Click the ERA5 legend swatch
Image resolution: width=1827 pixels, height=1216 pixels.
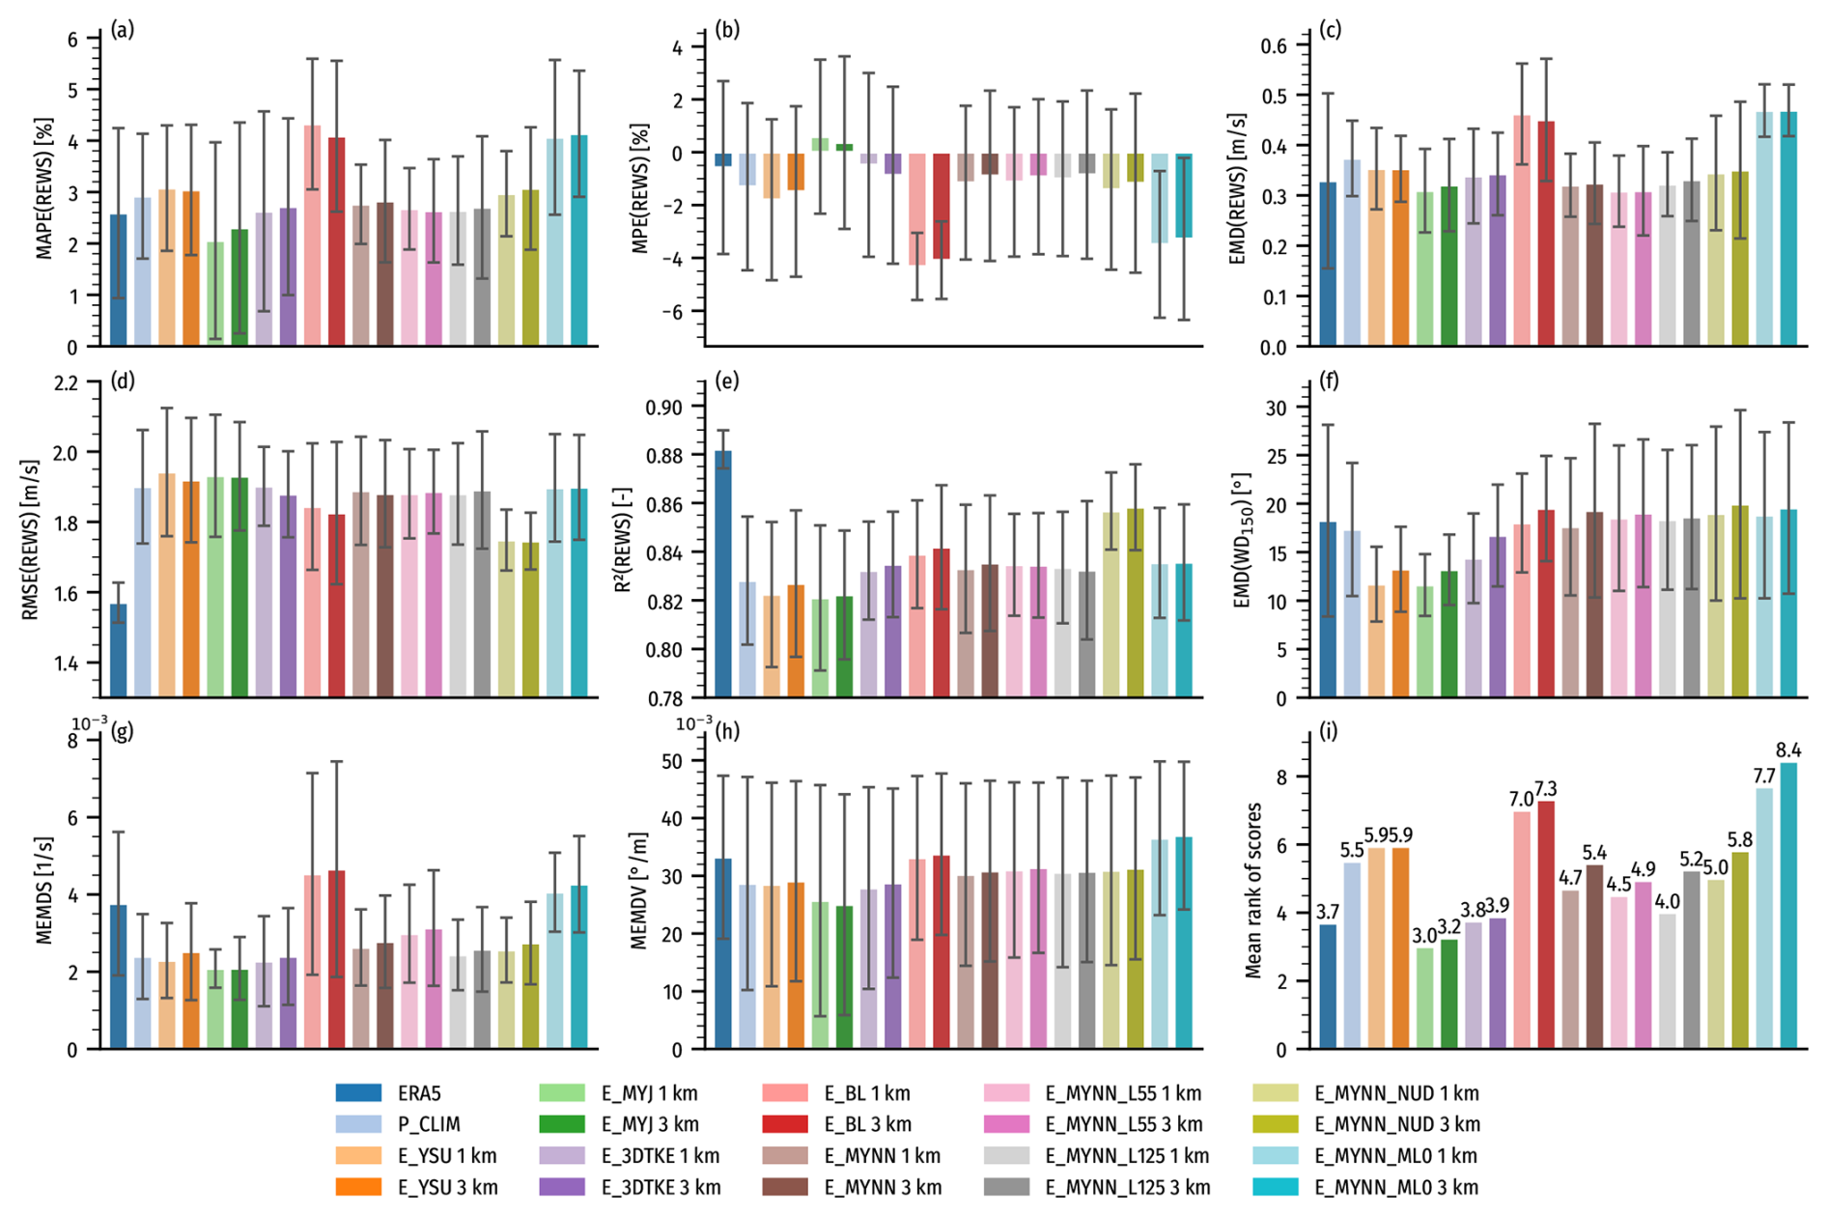(358, 1093)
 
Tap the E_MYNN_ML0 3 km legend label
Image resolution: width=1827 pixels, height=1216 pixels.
(1396, 1187)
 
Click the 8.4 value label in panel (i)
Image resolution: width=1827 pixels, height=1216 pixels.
(1788, 750)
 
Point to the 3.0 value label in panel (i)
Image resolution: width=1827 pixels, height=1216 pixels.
(1424, 935)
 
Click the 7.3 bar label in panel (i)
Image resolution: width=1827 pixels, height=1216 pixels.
(1546, 788)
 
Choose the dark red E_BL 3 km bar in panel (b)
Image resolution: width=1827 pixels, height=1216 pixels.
(941, 206)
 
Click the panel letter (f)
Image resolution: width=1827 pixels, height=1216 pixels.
(1329, 381)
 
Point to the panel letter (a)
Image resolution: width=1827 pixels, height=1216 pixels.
(122, 30)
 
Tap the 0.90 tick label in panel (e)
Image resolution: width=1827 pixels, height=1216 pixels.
(665, 408)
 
